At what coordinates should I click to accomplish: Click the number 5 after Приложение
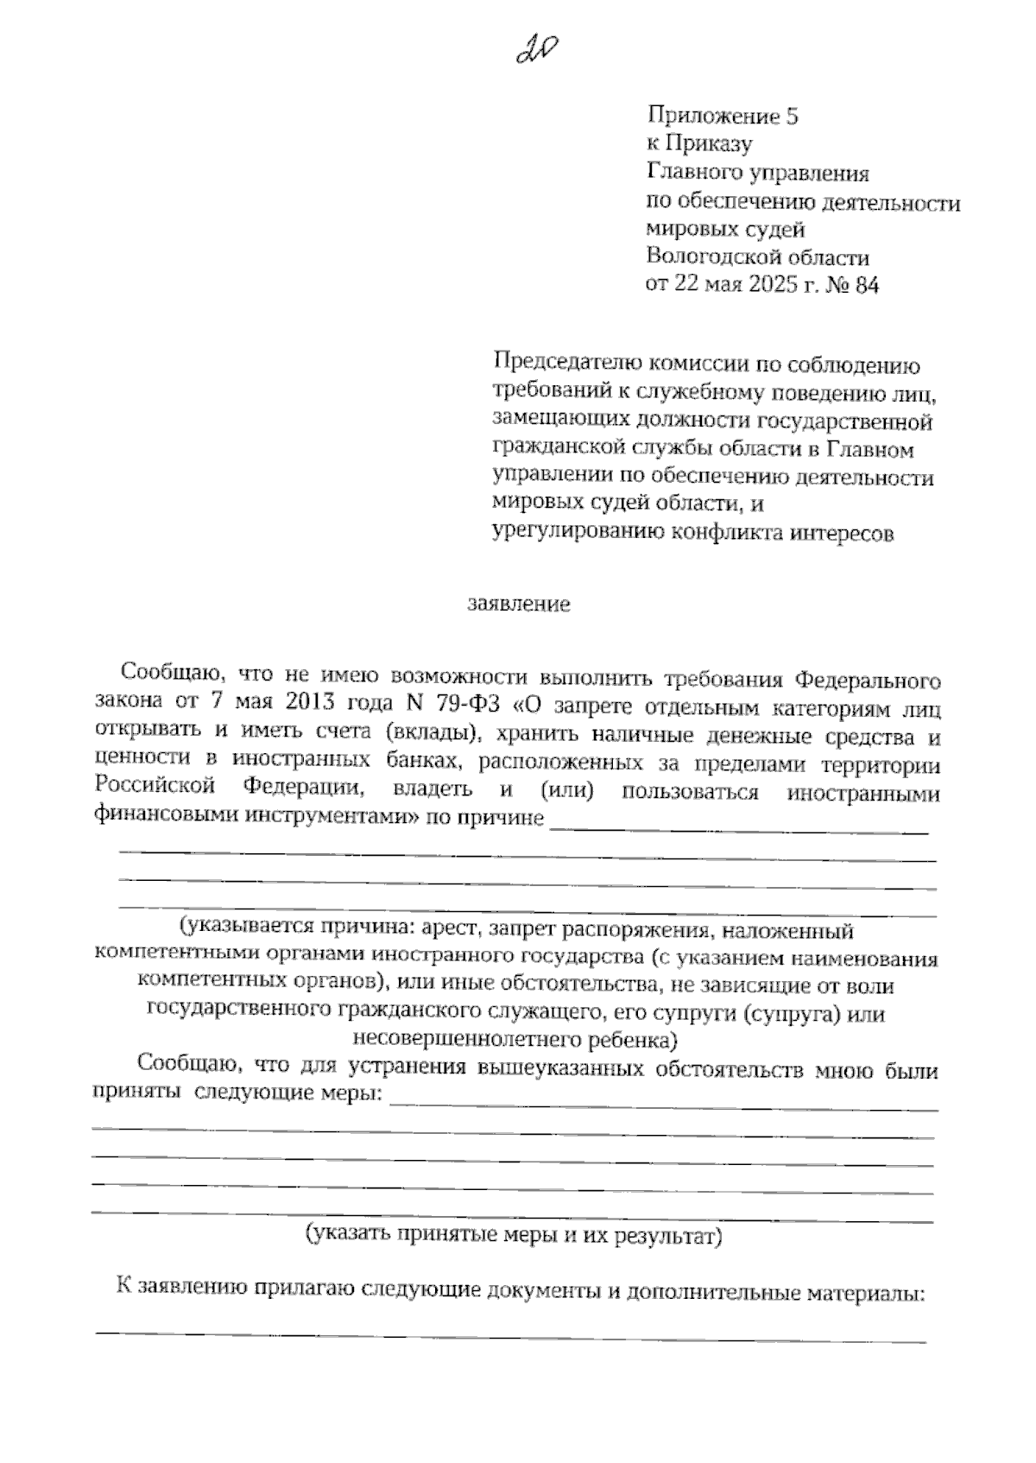[x=792, y=117]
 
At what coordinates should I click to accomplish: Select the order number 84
[x=865, y=285]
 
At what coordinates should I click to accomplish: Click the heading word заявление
[x=519, y=604]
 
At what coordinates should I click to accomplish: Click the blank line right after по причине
[x=739, y=830]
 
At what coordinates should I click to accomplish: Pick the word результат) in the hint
[x=669, y=1236]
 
